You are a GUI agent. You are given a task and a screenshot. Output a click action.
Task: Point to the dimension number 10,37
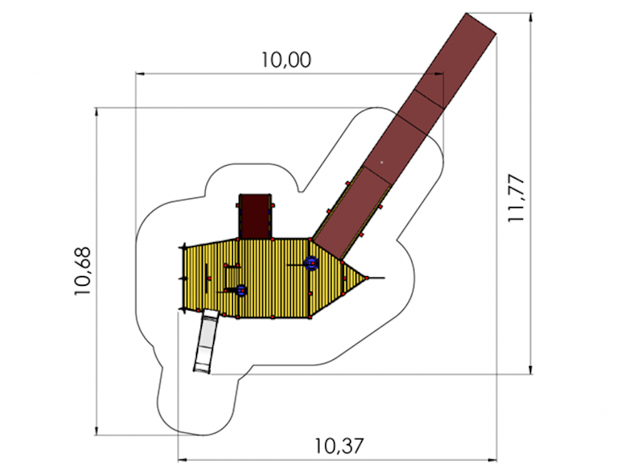[339, 445]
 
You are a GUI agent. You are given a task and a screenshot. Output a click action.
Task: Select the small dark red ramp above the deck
[255, 216]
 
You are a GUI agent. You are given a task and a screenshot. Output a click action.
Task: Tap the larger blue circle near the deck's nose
[312, 264]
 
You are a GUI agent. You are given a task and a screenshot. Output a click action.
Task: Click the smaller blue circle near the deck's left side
[241, 291]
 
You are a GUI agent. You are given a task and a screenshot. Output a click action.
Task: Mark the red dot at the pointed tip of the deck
[368, 277]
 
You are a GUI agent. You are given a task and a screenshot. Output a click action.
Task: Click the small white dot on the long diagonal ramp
[381, 162]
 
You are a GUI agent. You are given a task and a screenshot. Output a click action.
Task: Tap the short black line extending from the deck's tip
[377, 277]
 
